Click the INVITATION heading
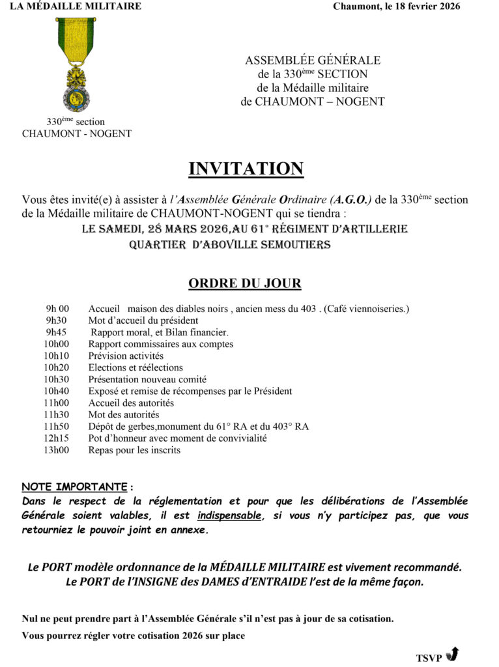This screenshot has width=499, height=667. (x=246, y=169)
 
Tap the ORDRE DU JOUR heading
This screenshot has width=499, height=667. (x=244, y=283)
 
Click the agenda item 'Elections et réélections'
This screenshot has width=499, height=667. (x=135, y=367)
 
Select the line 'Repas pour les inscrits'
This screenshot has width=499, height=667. (x=134, y=450)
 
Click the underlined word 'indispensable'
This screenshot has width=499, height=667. (x=230, y=516)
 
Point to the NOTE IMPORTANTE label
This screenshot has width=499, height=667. (x=74, y=487)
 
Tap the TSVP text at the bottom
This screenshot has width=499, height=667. (x=429, y=658)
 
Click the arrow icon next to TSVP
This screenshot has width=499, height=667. (x=454, y=653)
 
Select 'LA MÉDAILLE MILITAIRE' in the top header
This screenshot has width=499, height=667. (x=76, y=7)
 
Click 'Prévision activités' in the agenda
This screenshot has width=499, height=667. (x=126, y=356)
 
